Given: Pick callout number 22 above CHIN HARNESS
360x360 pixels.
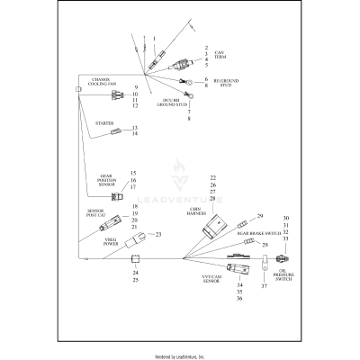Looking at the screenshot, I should [213, 177].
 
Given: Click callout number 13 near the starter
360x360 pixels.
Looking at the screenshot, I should [134, 127].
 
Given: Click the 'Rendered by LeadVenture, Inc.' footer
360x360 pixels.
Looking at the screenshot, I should [180, 355].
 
